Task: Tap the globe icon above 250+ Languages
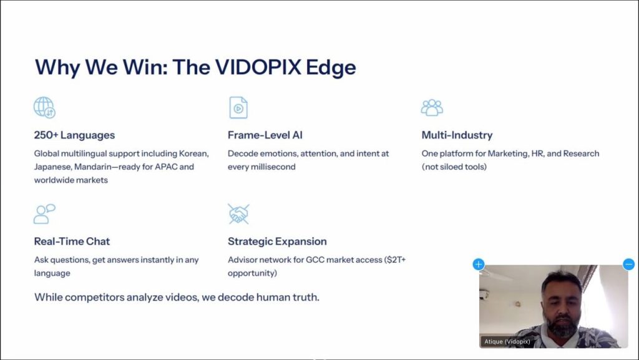point(44,108)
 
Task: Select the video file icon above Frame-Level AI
point(238,108)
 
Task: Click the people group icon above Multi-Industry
point(432,107)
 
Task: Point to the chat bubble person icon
point(44,214)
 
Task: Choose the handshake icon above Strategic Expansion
point(238,214)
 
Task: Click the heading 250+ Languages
point(74,135)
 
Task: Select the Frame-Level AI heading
point(265,135)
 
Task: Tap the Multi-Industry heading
point(457,135)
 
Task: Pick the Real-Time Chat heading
point(72,241)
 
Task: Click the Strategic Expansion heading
point(277,241)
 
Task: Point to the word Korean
point(193,153)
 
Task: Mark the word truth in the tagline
point(305,297)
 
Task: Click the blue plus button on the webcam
point(479,264)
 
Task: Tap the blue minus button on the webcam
point(629,264)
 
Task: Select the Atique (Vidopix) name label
point(507,341)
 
